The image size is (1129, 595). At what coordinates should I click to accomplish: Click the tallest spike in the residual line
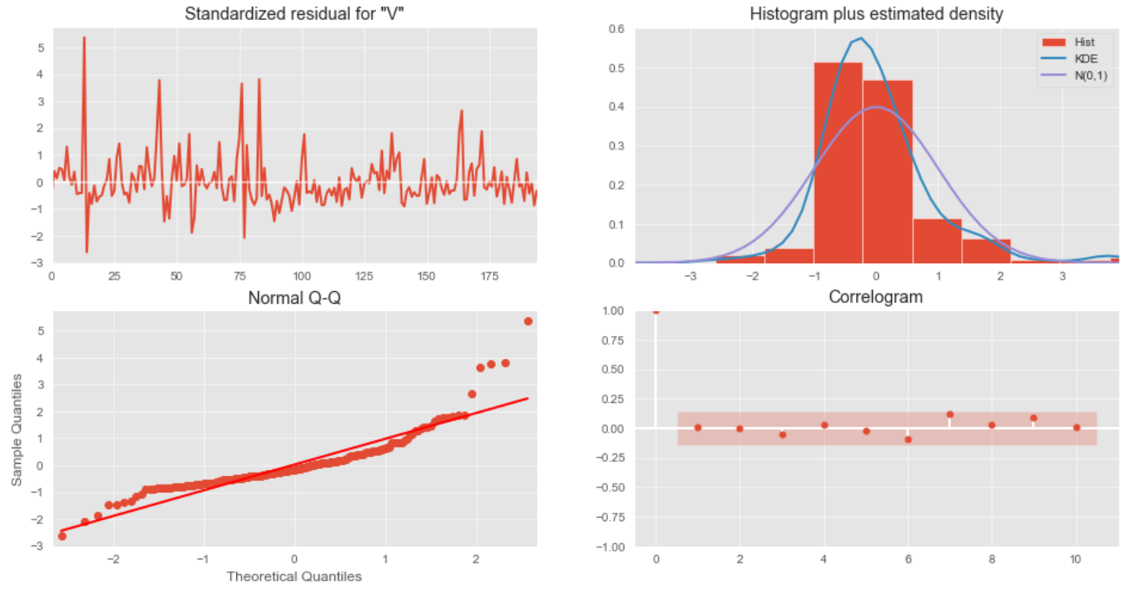tap(84, 38)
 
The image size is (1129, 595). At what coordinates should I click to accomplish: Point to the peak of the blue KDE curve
tap(861, 38)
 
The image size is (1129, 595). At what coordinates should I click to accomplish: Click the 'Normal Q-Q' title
tap(294, 299)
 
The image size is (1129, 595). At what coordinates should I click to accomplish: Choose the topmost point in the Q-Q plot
tap(528, 321)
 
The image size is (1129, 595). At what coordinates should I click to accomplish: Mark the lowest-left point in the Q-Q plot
tap(62, 536)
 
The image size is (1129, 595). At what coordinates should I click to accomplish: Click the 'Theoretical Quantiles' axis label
tap(294, 576)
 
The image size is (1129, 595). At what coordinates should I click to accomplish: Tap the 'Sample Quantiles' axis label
tap(17, 431)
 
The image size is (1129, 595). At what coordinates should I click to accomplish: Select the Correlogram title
tap(875, 297)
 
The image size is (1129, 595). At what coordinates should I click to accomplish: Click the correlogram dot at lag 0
tap(656, 310)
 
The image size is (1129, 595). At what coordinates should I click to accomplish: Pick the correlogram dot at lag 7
tap(950, 414)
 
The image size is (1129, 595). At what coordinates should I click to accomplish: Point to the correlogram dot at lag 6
tap(908, 440)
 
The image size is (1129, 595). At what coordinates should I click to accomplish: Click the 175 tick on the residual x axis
tap(489, 275)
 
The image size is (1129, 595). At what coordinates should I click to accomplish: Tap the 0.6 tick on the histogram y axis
tap(615, 29)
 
